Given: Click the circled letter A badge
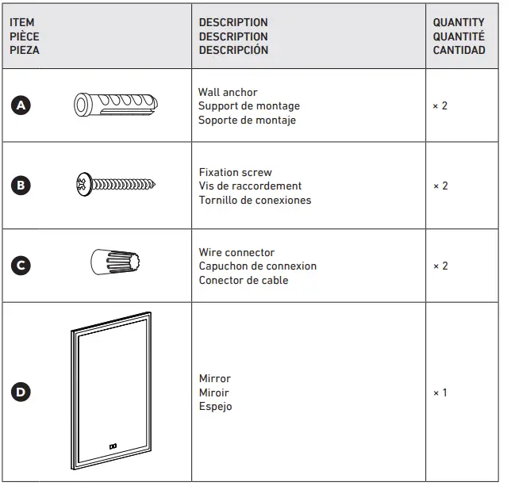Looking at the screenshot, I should (22, 105).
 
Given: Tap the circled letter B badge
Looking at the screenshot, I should (22, 186).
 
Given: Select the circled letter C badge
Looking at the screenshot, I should (22, 266).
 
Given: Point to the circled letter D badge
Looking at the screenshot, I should (22, 392).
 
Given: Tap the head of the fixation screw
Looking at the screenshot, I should (82, 185).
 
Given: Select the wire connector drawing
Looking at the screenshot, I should (115, 261).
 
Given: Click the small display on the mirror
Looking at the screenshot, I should (112, 446).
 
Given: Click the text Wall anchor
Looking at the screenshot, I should (228, 93).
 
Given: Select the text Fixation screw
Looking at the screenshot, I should (235, 172).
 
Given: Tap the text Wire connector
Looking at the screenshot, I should (236, 252).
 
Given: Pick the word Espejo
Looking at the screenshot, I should (215, 407).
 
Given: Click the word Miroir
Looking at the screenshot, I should (214, 392).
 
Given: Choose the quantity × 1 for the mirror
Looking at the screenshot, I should (440, 392).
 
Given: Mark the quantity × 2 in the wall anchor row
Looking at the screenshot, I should (440, 105).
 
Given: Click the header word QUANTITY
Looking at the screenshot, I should (458, 23).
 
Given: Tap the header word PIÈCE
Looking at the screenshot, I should (24, 36).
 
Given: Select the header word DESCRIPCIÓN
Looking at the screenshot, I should (233, 50).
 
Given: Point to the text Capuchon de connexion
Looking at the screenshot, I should (257, 266).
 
